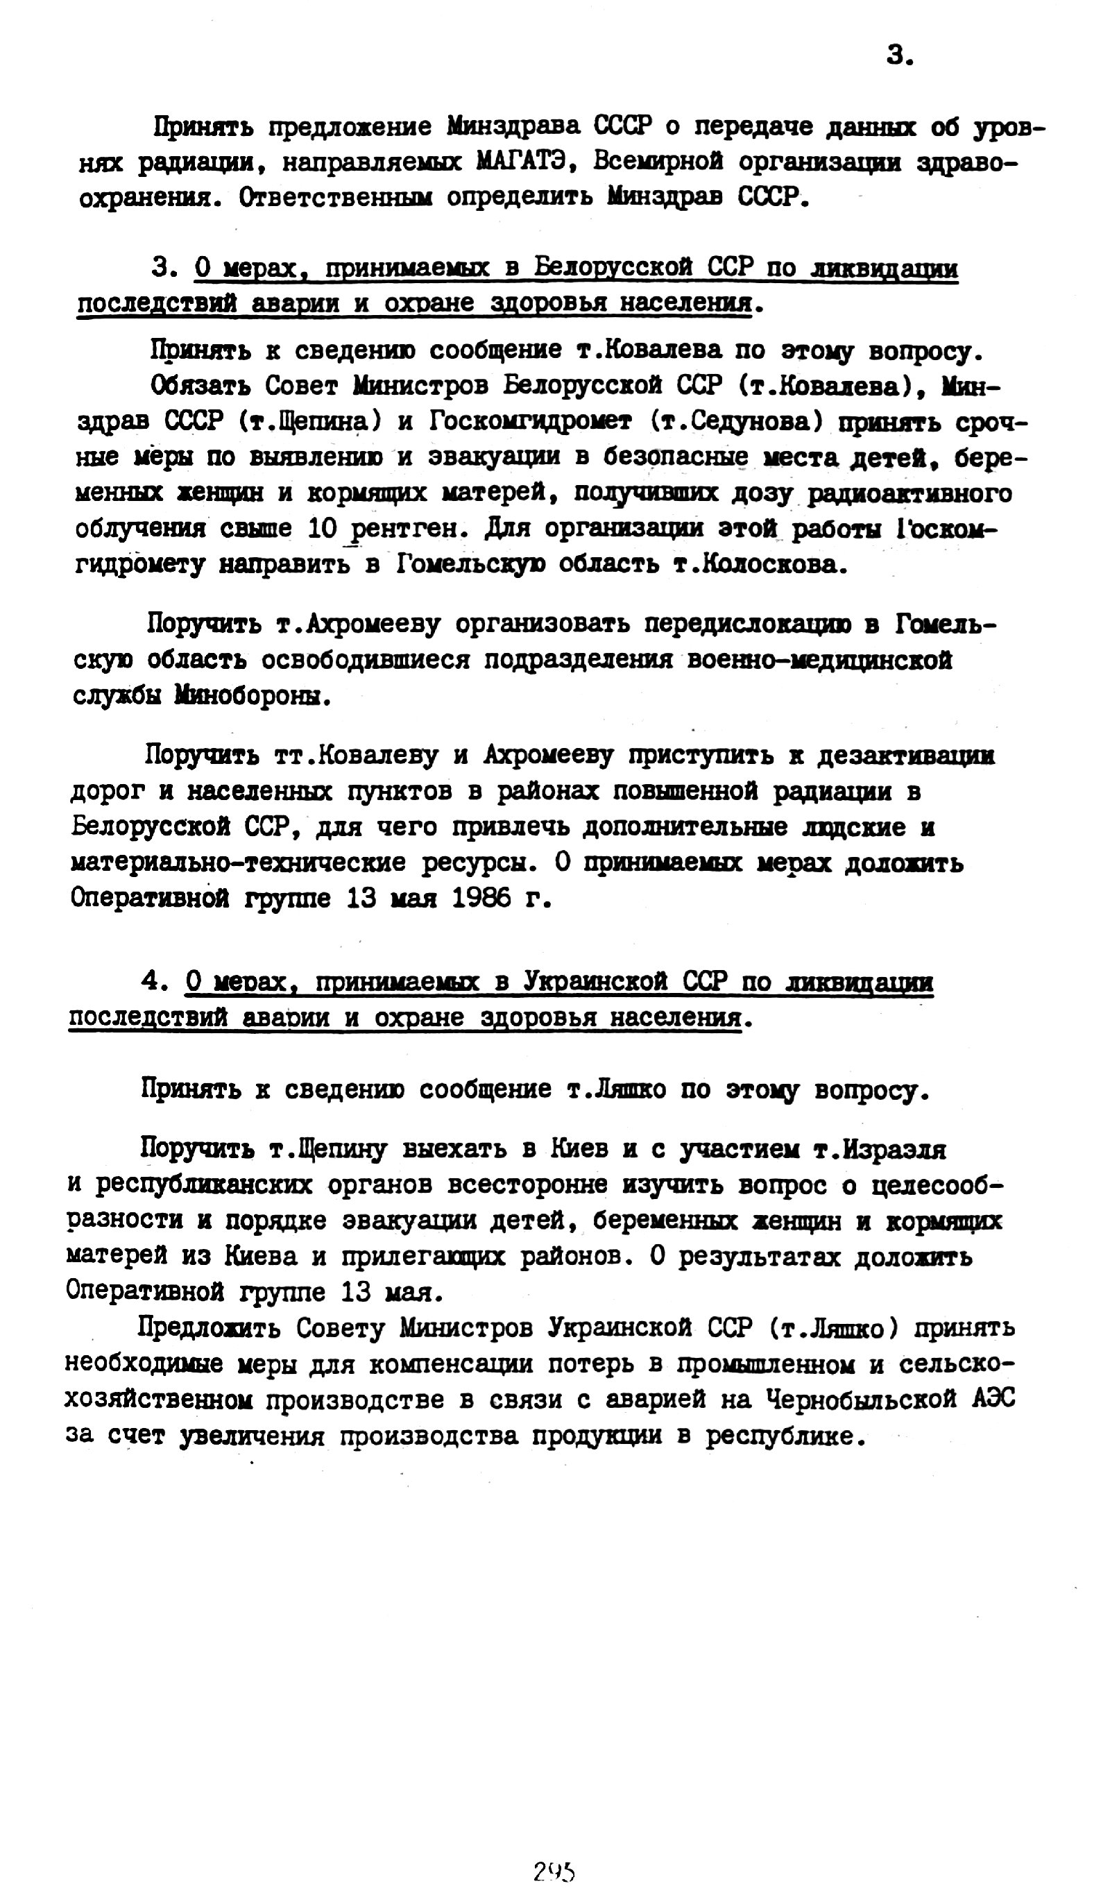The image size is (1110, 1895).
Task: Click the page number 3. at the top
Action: (899, 55)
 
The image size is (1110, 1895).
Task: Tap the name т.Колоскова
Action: (758, 564)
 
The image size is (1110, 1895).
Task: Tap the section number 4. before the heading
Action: (153, 981)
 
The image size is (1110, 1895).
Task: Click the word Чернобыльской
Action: (861, 1399)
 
